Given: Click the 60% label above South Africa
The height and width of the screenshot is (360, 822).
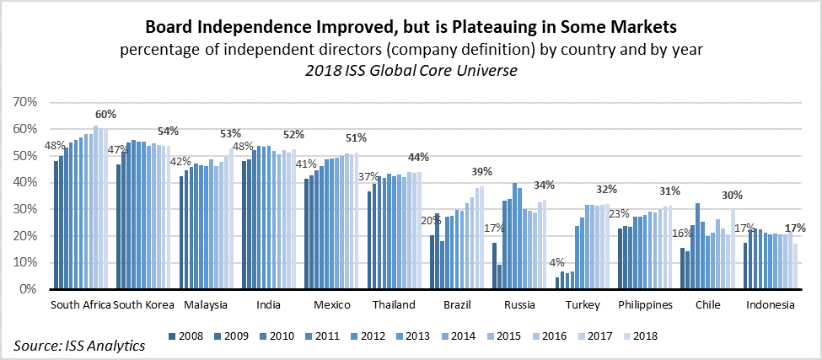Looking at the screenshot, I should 106,115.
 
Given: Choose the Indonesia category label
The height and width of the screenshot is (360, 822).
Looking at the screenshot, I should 771,304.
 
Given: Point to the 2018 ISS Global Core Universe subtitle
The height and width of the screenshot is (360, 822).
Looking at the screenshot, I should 411,71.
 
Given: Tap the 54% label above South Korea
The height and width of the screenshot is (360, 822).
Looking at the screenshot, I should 169,132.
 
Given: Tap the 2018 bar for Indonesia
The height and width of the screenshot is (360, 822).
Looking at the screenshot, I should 795,266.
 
